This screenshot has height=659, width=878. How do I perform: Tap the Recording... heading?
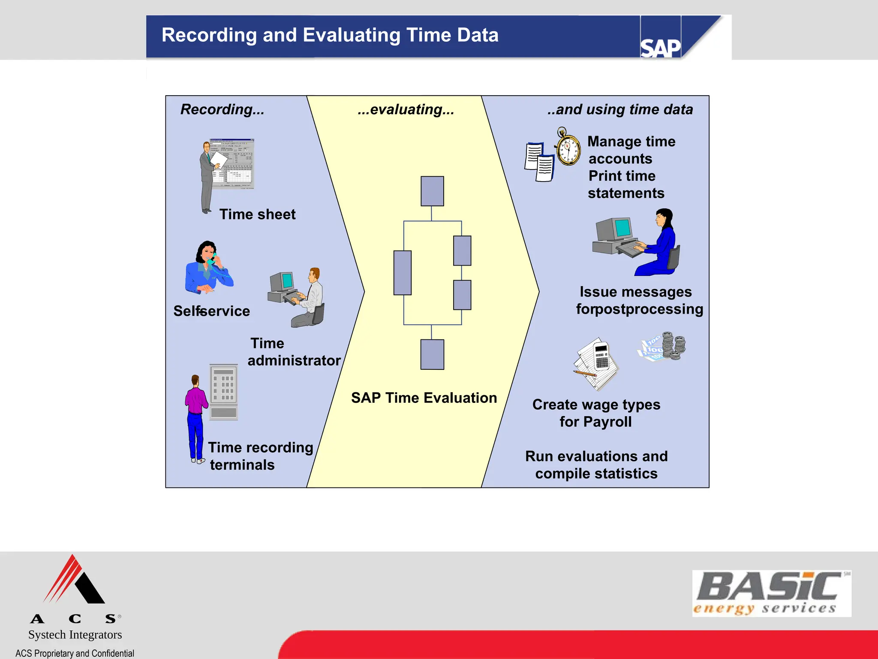[x=222, y=109]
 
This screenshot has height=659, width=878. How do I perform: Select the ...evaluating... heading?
[x=406, y=109]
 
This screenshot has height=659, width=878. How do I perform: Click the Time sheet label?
[x=257, y=214]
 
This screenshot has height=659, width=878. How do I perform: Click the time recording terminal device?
[x=223, y=392]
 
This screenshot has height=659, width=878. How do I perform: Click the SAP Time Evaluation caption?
[x=424, y=398]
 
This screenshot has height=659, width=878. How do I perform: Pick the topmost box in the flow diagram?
[x=432, y=191]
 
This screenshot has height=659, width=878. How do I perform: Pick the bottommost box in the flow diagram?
[x=432, y=354]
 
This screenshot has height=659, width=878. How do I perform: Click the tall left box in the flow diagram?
[x=402, y=273]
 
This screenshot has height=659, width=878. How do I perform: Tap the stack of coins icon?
[x=673, y=346]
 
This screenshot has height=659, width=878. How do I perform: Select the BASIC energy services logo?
[x=771, y=593]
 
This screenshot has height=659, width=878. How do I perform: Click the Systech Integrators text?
[x=75, y=635]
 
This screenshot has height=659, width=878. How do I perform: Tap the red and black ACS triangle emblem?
[x=74, y=580]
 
